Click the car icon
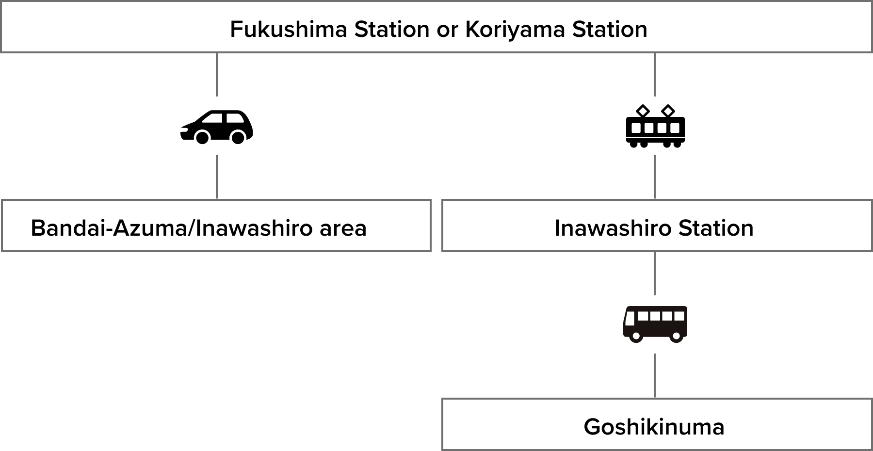tap(216, 126)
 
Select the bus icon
tap(655, 324)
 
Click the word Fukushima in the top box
tap(289, 30)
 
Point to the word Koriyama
tap(515, 30)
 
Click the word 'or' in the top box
tap(447, 30)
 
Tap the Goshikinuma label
tap(654, 427)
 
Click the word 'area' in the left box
tap(343, 228)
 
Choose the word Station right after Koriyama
tap(610, 30)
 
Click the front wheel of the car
tap(202, 138)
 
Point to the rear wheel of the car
tap(238, 138)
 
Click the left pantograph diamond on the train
tap(643, 111)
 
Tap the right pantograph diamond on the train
tap(668, 111)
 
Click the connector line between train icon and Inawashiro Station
tap(655, 177)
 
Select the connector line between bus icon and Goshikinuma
tap(655, 376)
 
